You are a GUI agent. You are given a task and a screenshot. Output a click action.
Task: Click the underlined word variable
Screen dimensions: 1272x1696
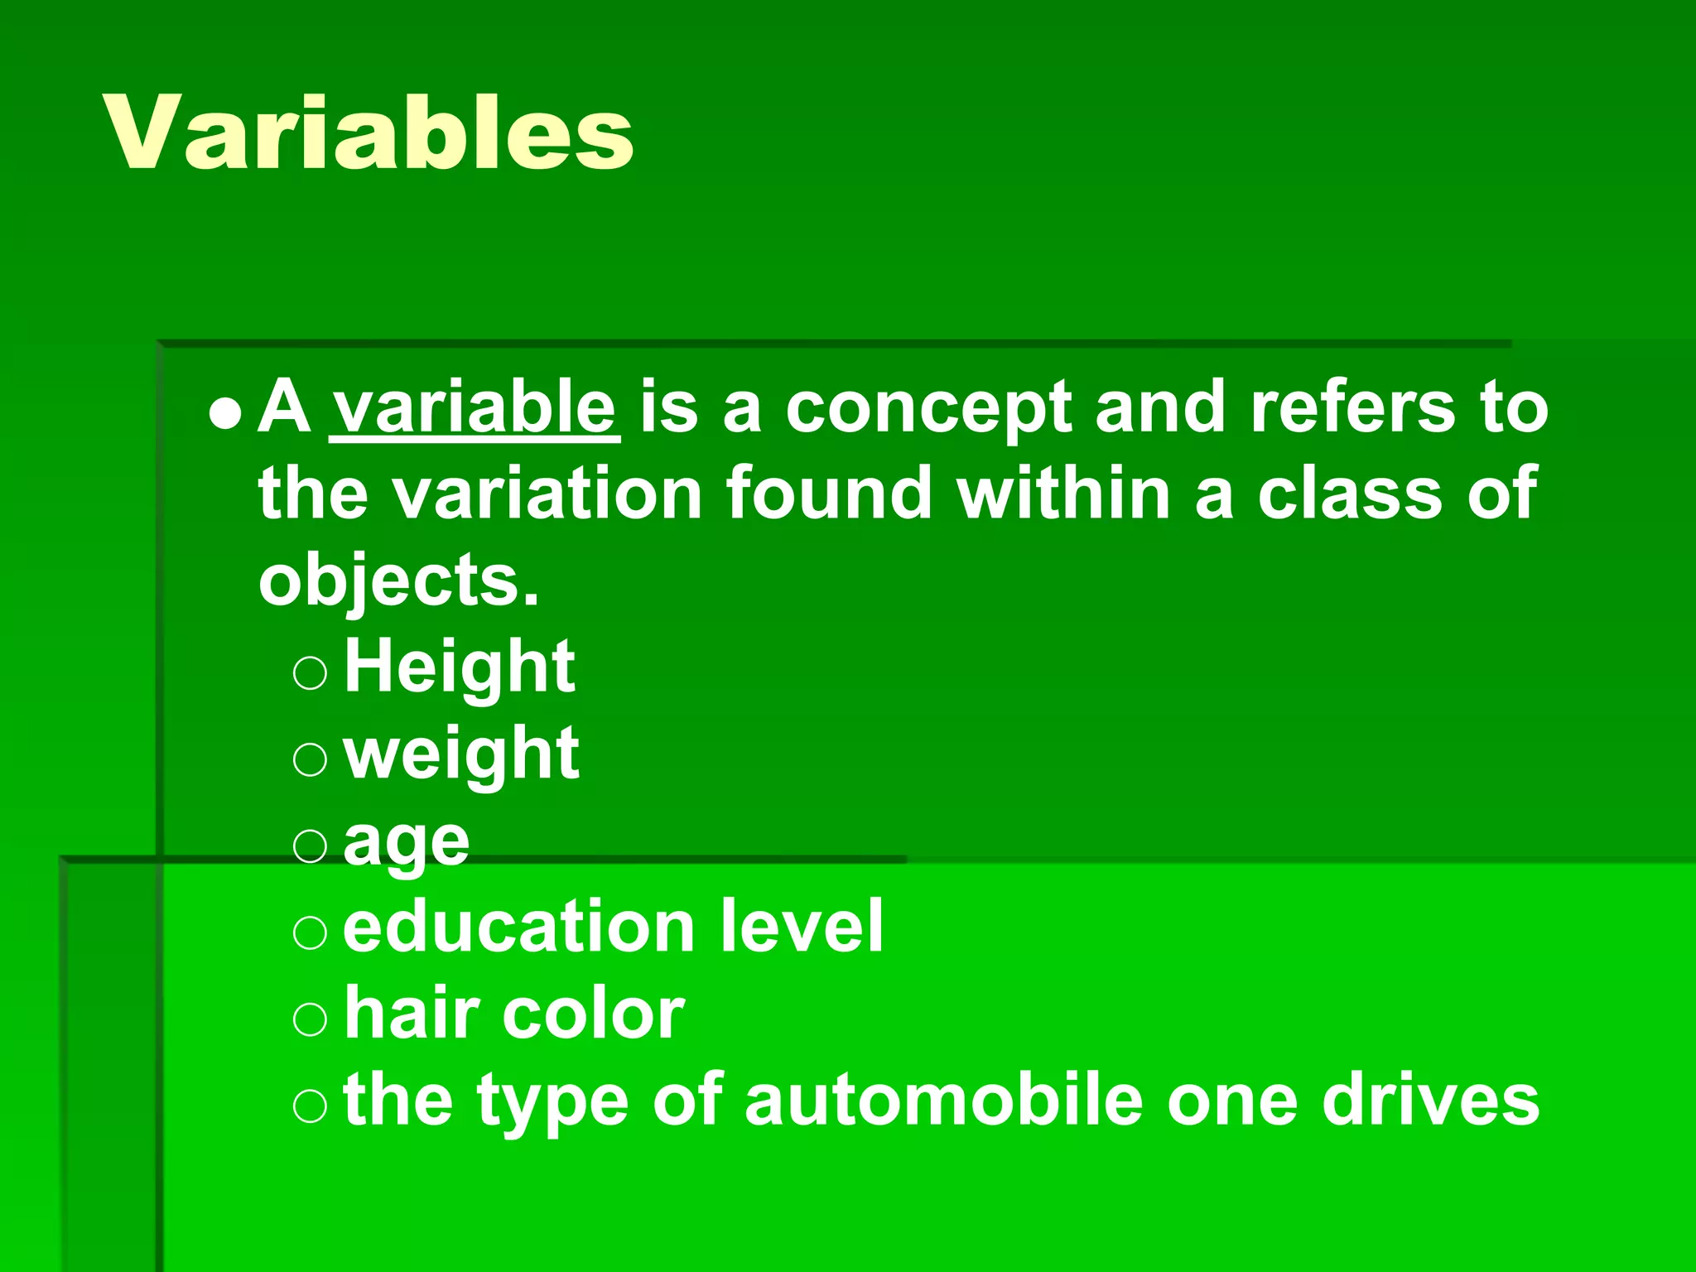click(474, 407)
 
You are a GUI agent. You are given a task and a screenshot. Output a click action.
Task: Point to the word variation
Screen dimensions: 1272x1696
click(547, 494)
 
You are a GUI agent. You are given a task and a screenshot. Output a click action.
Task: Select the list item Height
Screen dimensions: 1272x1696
click(459, 667)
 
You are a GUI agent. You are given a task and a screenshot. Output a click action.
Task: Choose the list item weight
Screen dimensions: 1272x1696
click(461, 756)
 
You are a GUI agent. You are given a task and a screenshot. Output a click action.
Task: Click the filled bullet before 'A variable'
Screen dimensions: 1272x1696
click(225, 415)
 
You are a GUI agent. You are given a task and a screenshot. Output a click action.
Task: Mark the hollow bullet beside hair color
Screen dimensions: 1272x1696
click(311, 1020)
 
